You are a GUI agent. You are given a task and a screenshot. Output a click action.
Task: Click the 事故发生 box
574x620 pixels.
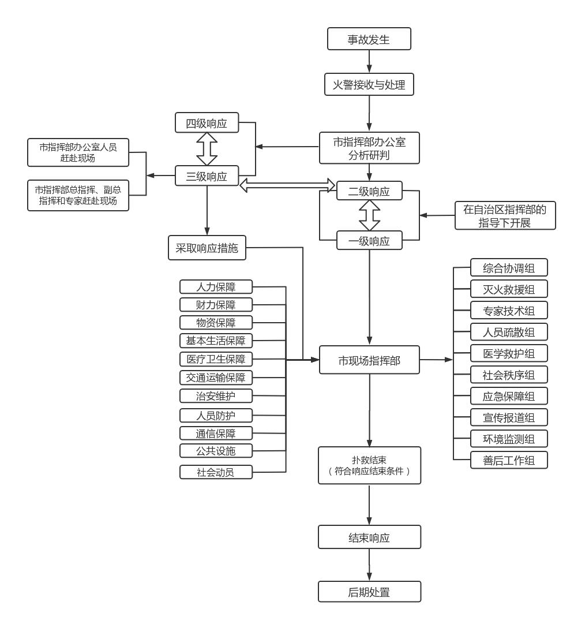369,39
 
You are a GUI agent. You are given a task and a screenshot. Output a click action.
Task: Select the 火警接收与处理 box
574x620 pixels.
369,85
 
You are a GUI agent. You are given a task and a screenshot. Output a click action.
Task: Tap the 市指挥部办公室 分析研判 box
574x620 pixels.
369,147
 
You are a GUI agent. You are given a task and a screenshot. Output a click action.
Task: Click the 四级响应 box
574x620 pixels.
207,123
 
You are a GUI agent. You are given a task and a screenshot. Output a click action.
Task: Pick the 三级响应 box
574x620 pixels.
207,176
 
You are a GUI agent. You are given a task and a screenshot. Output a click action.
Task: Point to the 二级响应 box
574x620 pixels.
369,191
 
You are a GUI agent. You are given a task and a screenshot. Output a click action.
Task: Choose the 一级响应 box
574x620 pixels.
369,241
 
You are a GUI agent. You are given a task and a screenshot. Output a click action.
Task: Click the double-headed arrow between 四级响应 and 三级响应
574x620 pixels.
207,150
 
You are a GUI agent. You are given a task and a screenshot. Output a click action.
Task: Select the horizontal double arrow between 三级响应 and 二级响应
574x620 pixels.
287,185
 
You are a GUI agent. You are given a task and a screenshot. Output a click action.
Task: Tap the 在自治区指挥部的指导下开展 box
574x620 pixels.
505,215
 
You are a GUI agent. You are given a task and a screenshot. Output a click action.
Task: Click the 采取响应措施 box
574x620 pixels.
207,248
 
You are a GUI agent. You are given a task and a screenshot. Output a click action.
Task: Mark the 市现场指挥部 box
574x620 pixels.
369,360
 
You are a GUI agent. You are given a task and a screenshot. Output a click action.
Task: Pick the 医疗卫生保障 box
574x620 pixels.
216,359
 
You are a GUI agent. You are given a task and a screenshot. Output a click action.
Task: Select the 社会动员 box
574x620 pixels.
216,472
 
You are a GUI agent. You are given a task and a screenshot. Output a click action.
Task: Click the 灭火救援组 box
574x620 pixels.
509,289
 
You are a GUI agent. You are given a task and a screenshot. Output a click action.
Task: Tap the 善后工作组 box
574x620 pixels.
509,460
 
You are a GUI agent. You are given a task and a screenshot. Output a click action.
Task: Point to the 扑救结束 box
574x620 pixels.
369,465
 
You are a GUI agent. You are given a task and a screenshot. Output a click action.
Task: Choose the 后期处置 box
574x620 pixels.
369,591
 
